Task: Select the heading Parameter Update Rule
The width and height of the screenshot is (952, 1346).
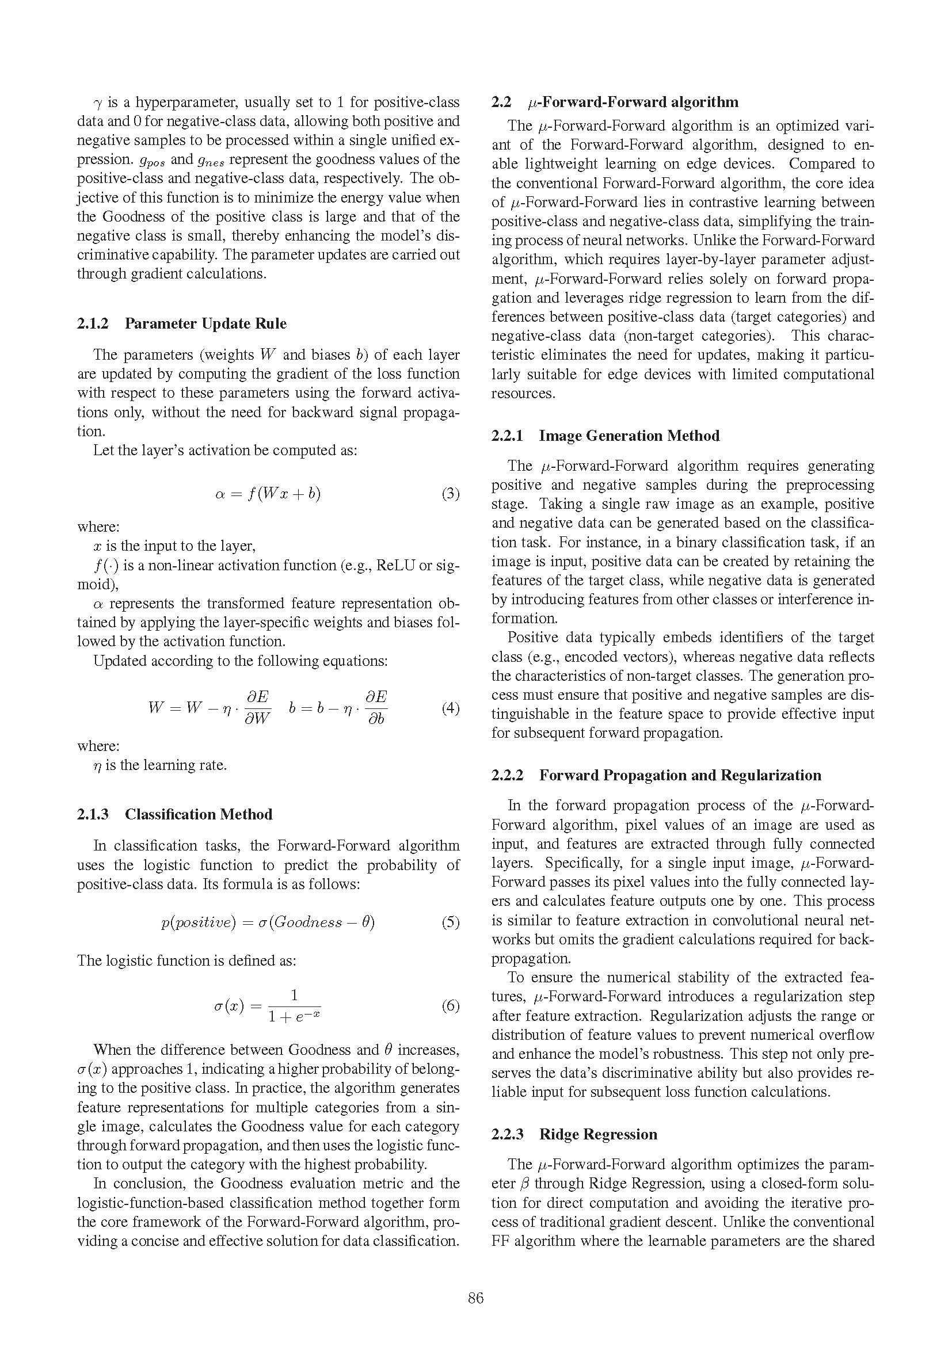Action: (205, 323)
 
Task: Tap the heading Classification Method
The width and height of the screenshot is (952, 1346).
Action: (198, 814)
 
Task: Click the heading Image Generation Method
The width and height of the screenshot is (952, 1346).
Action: (629, 436)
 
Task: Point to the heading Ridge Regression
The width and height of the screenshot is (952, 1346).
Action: (598, 1134)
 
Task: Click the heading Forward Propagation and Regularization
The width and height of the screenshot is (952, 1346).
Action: (680, 775)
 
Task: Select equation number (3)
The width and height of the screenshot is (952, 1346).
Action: (450, 494)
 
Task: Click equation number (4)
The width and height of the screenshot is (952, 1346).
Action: (450, 708)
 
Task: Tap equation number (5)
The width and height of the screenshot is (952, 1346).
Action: (450, 922)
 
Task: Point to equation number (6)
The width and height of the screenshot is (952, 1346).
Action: (450, 1006)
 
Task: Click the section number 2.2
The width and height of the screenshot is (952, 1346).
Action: (501, 102)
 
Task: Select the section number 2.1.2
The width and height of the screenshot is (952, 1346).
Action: (93, 323)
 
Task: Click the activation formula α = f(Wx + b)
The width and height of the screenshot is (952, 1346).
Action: (268, 494)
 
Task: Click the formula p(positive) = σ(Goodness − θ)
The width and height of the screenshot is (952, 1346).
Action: (268, 922)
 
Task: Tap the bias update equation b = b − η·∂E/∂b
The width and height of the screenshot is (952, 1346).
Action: (338, 708)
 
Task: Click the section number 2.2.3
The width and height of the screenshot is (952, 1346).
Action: (507, 1134)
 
